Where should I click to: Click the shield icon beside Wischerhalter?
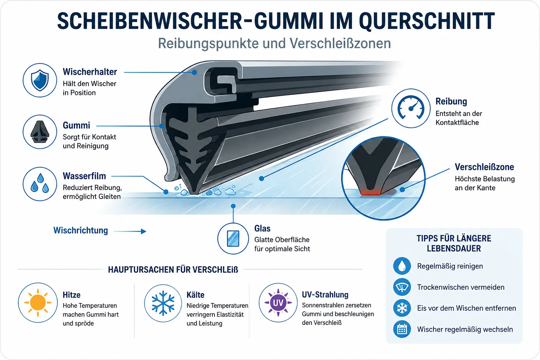coord(40,80)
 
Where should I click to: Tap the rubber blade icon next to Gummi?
coord(40,132)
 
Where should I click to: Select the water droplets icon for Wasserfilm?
coord(40,184)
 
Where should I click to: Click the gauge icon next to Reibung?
coord(411,108)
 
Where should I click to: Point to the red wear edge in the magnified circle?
coord(370,192)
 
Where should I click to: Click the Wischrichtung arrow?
coord(130,231)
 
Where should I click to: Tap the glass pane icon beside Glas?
coord(233,238)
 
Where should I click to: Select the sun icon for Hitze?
coord(38,303)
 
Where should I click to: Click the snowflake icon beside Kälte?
coord(163,303)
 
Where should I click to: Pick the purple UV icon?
coord(278,303)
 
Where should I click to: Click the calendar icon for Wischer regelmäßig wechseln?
coord(402,329)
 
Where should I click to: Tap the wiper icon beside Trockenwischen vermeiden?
coord(402,287)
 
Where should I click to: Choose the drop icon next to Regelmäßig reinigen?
coord(402,266)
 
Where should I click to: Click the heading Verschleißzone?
coord(484,167)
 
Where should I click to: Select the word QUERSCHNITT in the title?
coord(427,21)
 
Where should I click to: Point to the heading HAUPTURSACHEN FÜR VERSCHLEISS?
coord(173,270)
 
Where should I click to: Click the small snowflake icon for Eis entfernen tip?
coord(402,308)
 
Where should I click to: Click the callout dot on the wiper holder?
coord(194,72)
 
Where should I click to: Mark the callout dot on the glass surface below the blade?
coord(233,206)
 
